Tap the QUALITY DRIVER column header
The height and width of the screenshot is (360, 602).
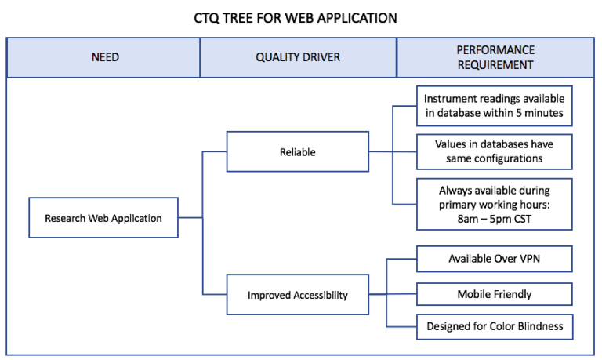click(x=298, y=58)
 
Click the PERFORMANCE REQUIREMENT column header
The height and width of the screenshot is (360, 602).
click(x=495, y=58)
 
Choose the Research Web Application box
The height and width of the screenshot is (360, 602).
click(x=104, y=217)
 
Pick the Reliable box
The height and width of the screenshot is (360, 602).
click(x=297, y=152)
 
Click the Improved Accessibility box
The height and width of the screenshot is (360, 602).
click(x=297, y=296)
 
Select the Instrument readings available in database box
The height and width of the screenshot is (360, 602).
click(x=494, y=107)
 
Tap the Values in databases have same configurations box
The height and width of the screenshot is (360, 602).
click(x=494, y=151)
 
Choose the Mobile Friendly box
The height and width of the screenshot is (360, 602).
click(x=494, y=294)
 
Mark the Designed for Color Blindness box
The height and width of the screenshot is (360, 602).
click(x=494, y=326)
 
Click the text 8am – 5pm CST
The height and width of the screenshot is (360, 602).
click(x=495, y=219)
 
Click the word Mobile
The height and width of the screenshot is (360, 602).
click(x=475, y=294)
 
